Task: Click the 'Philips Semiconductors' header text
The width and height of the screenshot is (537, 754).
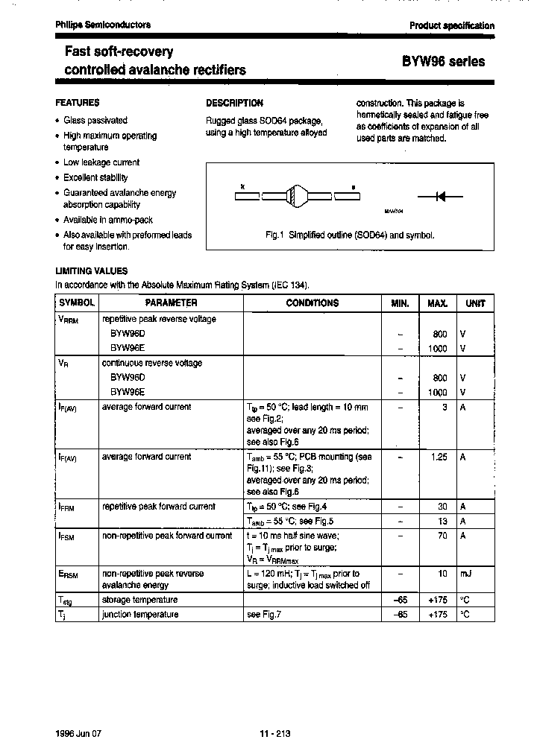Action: (103, 25)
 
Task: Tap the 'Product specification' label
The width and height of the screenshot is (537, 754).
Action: (451, 25)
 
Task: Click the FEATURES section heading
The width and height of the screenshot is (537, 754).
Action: (78, 103)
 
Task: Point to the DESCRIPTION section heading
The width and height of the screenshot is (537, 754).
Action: (234, 103)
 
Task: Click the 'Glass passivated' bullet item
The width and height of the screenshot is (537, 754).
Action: (95, 120)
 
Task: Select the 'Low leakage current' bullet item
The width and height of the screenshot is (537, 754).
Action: (101, 162)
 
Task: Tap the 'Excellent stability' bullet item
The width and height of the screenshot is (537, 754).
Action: (95, 177)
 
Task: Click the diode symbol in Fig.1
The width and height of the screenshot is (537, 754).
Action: (440, 197)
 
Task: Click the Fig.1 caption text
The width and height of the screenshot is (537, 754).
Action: (350, 235)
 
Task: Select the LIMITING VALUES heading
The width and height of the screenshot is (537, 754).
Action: (92, 271)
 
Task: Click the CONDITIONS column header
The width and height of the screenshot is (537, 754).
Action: (312, 303)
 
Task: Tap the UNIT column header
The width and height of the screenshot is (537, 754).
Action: (474, 303)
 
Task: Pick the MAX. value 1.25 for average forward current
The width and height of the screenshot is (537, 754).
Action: (439, 457)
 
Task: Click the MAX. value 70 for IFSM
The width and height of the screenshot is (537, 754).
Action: (442, 535)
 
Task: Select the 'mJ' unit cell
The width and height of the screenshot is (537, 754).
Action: (465, 574)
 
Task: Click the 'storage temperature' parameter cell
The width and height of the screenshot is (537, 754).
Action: (139, 600)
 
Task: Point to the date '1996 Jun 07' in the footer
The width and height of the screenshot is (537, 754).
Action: (78, 733)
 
